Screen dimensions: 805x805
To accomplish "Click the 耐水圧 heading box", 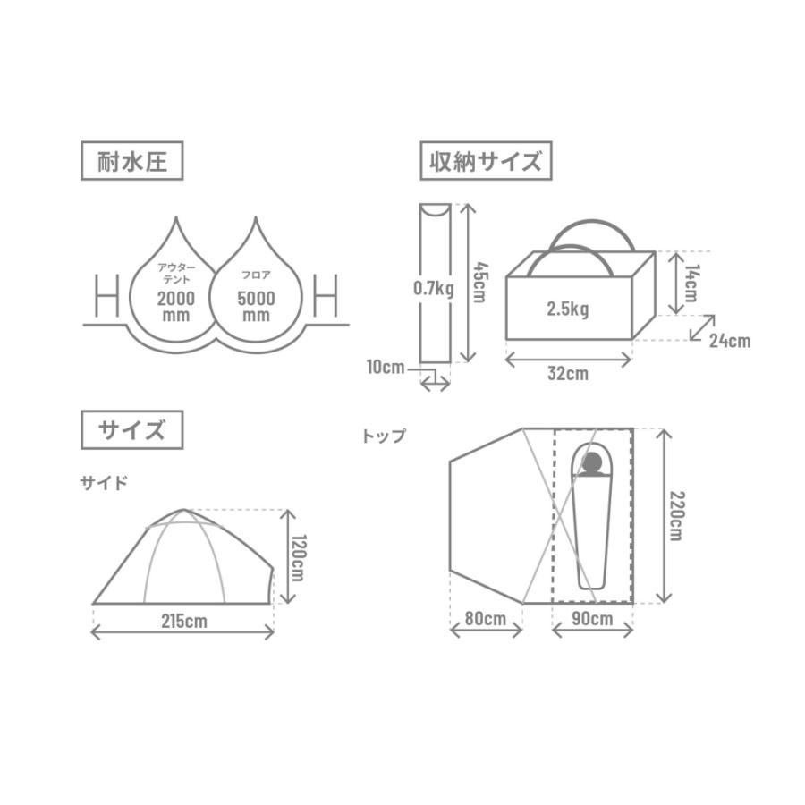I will pos(132,163).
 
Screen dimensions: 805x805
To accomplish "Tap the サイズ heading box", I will pos(132,430).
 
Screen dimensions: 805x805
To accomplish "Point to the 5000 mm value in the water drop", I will pos(257,307).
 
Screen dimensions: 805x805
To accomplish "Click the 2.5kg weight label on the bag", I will pos(567,309).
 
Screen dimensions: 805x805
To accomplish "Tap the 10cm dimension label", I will pos(386,366).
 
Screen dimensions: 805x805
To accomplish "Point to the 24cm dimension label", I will pos(730,340).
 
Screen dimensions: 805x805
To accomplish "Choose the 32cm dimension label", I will pos(568,374).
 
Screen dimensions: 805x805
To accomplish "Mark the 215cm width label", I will pos(183,620).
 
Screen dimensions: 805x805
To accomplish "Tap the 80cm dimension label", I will pos(486,618).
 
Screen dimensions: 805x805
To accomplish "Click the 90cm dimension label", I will pos(592,618).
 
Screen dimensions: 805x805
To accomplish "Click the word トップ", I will pos(383,436).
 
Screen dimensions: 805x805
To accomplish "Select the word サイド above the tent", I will pos(105,483).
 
